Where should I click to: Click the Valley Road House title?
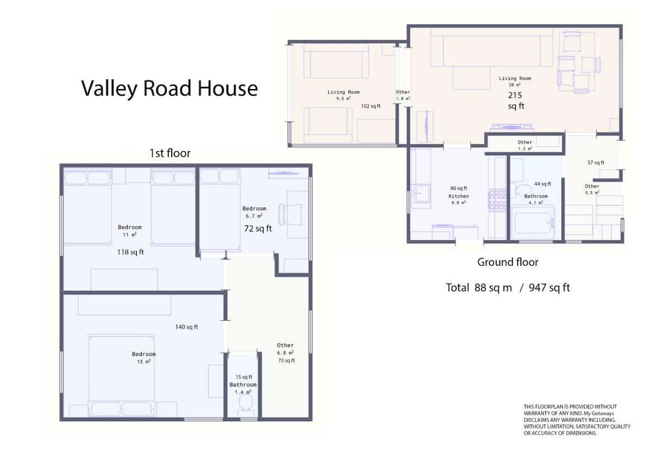(x=170, y=89)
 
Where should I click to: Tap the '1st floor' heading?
(x=170, y=153)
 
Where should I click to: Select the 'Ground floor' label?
(x=507, y=263)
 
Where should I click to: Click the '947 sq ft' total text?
(x=549, y=288)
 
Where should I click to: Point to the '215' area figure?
(x=515, y=95)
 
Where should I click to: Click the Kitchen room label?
(x=459, y=196)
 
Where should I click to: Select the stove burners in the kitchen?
(x=498, y=200)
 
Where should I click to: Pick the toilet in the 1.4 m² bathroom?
(x=246, y=404)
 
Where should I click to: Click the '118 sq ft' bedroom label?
(x=130, y=252)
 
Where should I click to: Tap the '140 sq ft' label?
(x=186, y=327)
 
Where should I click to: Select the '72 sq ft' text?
(x=258, y=229)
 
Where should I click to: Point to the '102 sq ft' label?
(x=371, y=107)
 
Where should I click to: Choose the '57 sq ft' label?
(x=596, y=163)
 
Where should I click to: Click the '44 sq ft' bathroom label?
(x=543, y=184)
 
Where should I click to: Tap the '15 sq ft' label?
(x=244, y=377)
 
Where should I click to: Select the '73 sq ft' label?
(x=286, y=361)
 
